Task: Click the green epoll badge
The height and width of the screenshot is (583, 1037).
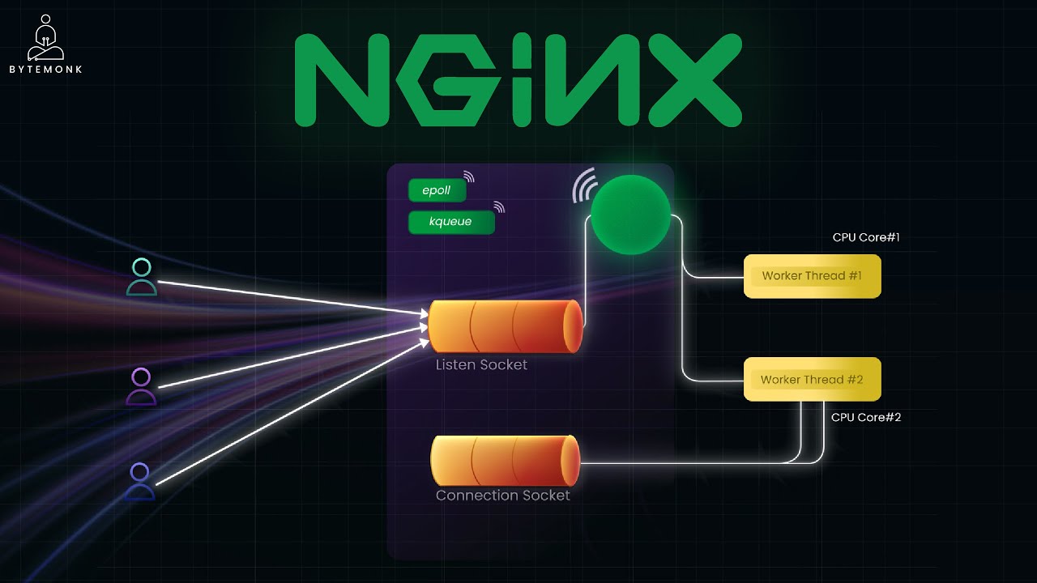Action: click(x=437, y=190)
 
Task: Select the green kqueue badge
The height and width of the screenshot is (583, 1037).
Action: click(x=451, y=222)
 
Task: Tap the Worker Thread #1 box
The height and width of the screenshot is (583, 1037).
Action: click(x=812, y=276)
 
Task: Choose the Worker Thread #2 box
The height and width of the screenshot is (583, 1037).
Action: click(x=812, y=380)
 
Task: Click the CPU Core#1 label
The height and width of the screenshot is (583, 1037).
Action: click(x=866, y=237)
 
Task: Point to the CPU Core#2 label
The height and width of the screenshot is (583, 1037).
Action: click(x=866, y=417)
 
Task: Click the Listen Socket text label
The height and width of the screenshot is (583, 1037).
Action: click(x=481, y=365)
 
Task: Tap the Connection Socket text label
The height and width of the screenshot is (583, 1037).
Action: click(x=503, y=496)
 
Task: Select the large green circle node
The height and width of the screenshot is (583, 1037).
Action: click(x=630, y=215)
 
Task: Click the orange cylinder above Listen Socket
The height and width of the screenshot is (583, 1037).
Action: click(x=506, y=326)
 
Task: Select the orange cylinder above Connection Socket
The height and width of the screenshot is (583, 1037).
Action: click(x=505, y=461)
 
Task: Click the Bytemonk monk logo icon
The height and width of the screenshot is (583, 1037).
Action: click(x=45, y=38)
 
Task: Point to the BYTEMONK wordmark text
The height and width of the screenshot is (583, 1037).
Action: click(x=46, y=70)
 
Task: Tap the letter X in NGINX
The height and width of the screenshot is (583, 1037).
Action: click(x=694, y=79)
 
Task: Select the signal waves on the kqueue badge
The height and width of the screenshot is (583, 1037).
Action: click(x=499, y=206)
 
